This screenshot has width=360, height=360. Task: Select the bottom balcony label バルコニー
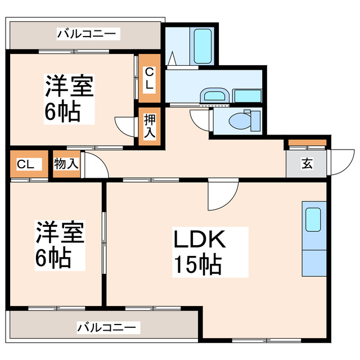(107, 327)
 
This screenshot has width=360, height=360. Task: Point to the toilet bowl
(240, 119)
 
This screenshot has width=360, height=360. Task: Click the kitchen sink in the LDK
(313, 219)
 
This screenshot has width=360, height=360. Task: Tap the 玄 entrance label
(307, 164)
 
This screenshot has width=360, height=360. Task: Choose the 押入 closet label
(150, 127)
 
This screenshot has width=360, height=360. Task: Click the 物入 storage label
(66, 164)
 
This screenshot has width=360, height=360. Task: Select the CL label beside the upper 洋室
(149, 79)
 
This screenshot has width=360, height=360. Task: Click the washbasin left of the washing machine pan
(214, 95)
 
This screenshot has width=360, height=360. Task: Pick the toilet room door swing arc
(200, 118)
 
